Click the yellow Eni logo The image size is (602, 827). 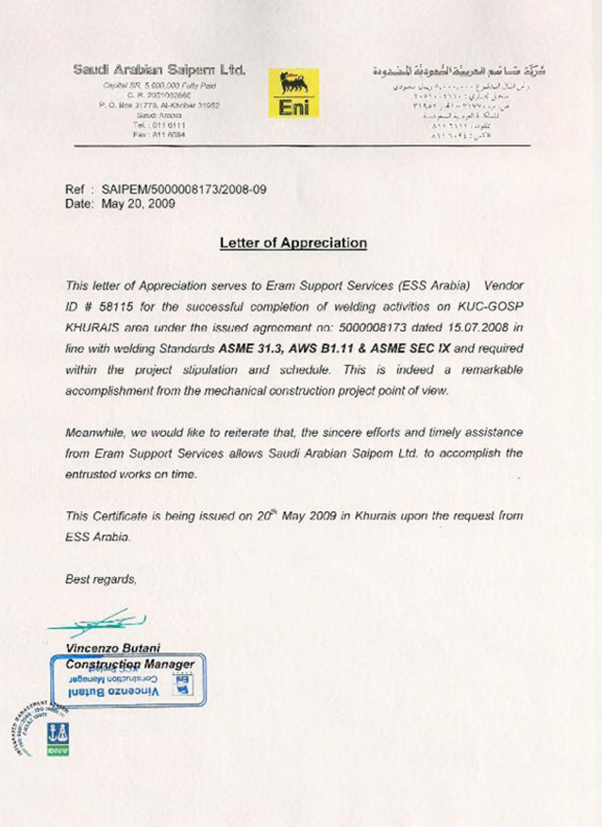pyautogui.click(x=294, y=93)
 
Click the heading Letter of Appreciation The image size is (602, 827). pyautogui.click(x=293, y=242)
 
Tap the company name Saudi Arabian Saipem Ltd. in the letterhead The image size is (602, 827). pyautogui.click(x=159, y=71)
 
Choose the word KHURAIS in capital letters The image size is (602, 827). pyautogui.click(x=92, y=327)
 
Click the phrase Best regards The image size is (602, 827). pyautogui.click(x=101, y=579)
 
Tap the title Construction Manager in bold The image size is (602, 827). pyautogui.click(x=131, y=664)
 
